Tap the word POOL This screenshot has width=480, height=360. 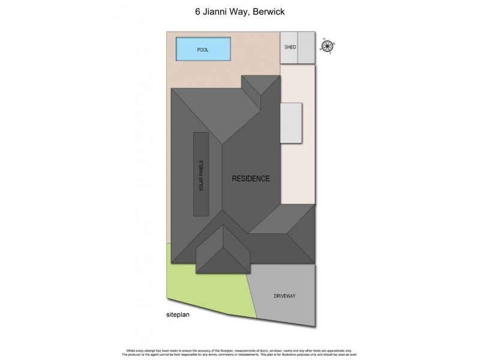tap(203, 50)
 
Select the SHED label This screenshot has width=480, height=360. tap(290, 47)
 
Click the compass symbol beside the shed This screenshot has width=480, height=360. tap(327, 46)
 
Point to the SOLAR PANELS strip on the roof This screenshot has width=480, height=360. tap(201, 174)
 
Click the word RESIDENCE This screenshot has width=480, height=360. tap(251, 178)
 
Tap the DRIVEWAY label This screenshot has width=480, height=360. tap(284, 296)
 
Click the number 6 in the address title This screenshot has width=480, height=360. tap(198, 10)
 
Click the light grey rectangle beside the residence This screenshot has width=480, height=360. tap(291, 123)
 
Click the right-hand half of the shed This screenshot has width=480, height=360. tap(307, 47)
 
